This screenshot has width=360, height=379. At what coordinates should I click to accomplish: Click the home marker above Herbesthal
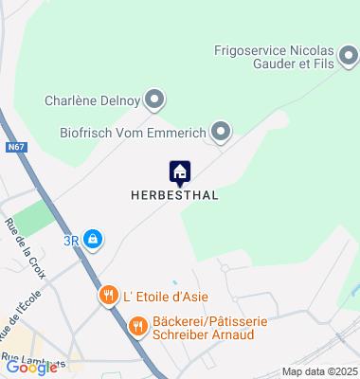tap(180, 172)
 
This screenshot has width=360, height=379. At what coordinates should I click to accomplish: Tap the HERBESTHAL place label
tap(174, 195)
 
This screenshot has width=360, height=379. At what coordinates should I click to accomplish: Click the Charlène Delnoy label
tap(90, 99)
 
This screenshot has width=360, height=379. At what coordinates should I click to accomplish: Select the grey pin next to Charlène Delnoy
tap(153, 99)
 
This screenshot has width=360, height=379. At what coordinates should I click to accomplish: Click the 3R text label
tap(71, 241)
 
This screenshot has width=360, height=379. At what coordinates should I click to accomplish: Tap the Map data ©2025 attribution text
tap(323, 371)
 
